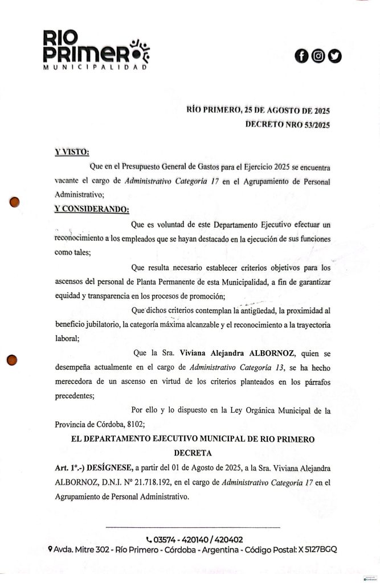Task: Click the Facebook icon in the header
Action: point(301,56)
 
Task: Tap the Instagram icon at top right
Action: point(318,56)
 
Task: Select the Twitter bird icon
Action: point(334,56)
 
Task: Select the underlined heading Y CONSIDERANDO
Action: point(91,208)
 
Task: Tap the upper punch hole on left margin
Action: point(15,202)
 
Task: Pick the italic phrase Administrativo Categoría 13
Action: point(235,367)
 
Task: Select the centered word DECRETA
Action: point(189,454)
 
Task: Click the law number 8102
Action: point(137,424)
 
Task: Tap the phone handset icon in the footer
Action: point(149,540)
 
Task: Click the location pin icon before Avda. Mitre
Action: point(51,550)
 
